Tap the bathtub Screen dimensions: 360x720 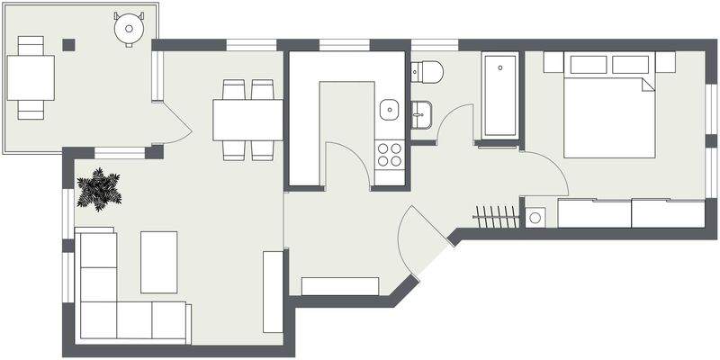tap(499, 95)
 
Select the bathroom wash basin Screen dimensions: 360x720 tap(421, 113)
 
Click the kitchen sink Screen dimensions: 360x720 tap(390, 109)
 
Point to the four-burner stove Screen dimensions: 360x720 tap(390, 155)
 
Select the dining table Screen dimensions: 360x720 tap(247, 119)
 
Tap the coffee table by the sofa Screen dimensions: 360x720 tap(158, 261)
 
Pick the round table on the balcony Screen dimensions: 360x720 tap(129, 28)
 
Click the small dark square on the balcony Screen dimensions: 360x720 tap(68, 43)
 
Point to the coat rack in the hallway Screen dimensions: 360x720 tap(497, 217)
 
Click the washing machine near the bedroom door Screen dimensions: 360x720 tap(536, 217)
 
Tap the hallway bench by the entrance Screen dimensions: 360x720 tap(340, 286)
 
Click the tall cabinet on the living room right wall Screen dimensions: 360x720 tap(273, 291)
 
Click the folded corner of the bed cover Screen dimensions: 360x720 tap(648, 85)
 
